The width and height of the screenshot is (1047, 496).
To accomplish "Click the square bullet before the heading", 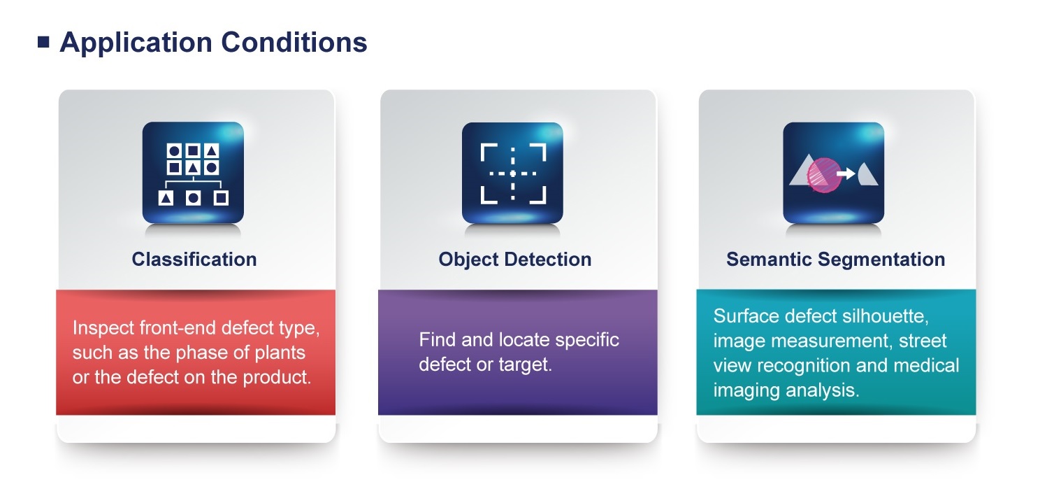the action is [x=43, y=43].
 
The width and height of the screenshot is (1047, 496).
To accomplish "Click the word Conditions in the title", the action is [x=294, y=43].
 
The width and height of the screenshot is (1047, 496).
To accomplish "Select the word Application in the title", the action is [x=136, y=43].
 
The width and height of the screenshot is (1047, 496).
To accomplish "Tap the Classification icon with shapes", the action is [x=193, y=173].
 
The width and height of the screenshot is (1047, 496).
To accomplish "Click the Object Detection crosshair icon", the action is [x=513, y=173].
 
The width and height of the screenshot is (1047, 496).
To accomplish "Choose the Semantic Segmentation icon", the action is [x=833, y=173].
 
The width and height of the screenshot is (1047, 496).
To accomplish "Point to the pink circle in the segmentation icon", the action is [x=824, y=175].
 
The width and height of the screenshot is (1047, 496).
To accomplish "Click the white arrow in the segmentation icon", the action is [x=846, y=174].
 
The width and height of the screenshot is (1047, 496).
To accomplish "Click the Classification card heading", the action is [x=194, y=260].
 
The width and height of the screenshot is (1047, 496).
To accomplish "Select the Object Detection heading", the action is [x=514, y=260].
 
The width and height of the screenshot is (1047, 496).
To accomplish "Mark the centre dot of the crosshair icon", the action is [x=513, y=173].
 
